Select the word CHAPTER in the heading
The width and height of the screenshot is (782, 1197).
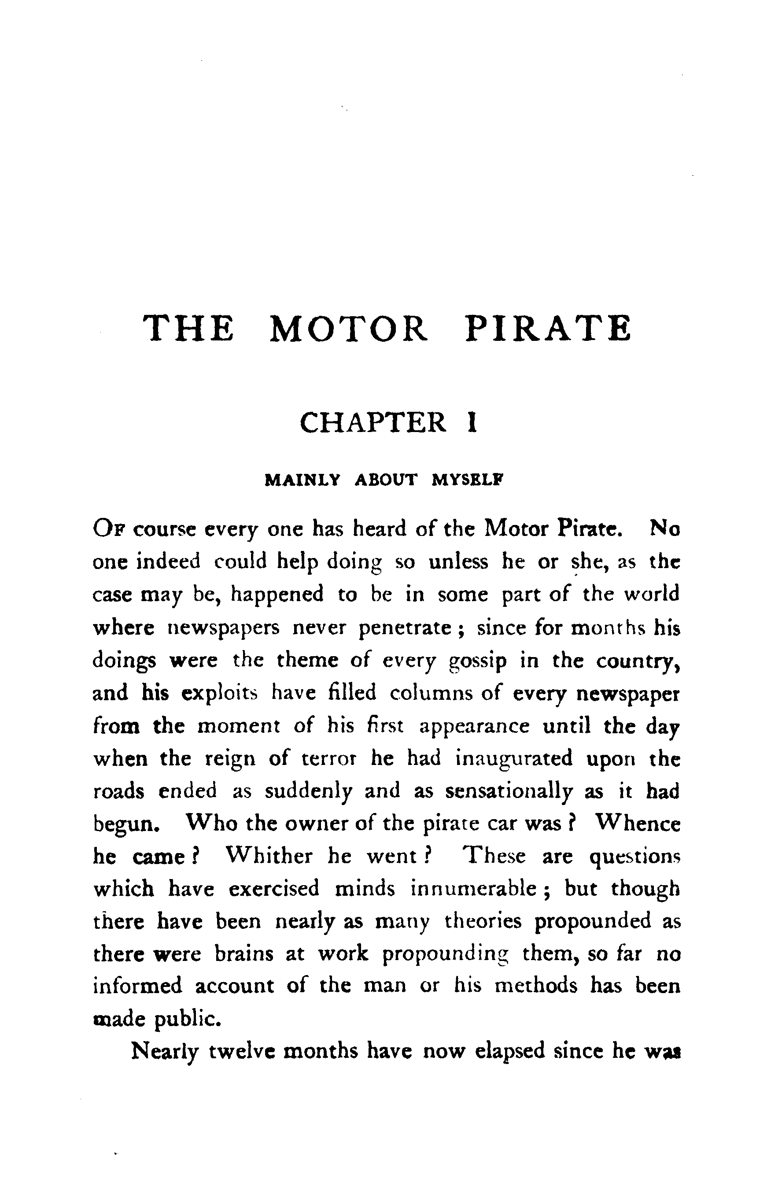373,422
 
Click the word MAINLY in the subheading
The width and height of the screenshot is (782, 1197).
302,480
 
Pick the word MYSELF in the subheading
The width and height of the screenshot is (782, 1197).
467,480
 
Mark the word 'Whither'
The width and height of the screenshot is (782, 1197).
269,856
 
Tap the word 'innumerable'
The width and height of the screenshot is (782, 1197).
473,889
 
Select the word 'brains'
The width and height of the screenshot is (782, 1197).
244,953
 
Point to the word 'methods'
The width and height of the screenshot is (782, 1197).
536,986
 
